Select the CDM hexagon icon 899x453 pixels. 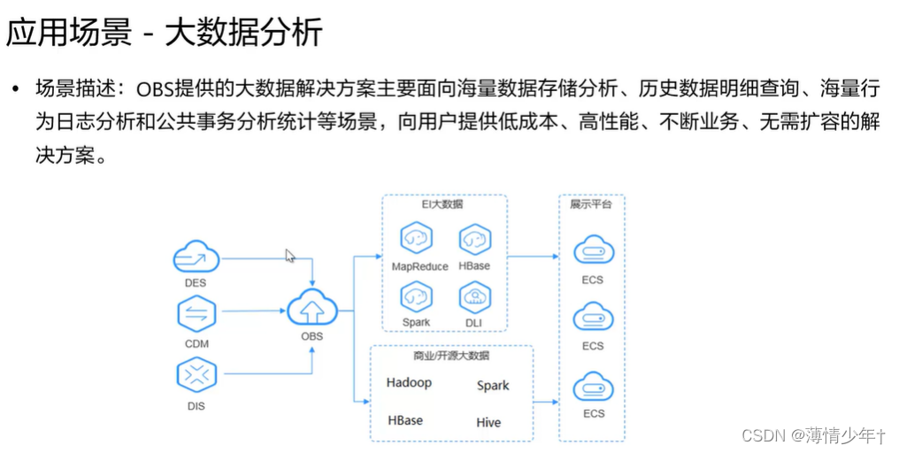click(196, 315)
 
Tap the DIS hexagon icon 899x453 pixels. click(196, 375)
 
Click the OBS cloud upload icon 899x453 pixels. click(311, 310)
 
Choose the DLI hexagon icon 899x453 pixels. click(475, 297)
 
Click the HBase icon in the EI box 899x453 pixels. click(475, 240)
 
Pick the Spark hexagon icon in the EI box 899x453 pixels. click(416, 297)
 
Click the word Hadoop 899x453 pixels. click(409, 383)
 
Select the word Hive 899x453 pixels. click(488, 422)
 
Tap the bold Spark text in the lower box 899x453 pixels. click(493, 385)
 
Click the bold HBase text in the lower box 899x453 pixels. click(405, 420)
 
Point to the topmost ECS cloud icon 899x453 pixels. click(593, 251)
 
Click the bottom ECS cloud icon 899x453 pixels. click(593, 388)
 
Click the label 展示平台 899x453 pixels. click(592, 204)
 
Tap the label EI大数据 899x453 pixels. click(442, 204)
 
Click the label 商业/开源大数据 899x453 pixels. click(451, 356)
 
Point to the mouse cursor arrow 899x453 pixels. click(289, 255)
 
